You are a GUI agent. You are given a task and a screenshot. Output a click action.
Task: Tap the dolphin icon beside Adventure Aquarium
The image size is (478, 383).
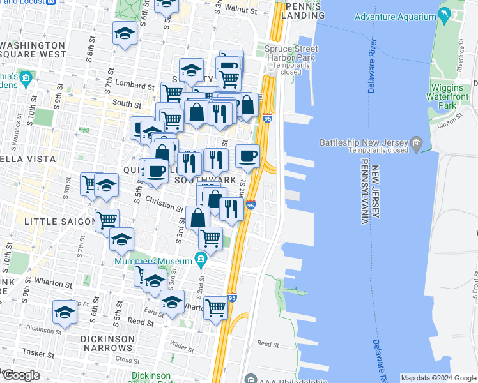(x=444, y=16)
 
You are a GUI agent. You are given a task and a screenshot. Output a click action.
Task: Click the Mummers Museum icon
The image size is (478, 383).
(x=201, y=259)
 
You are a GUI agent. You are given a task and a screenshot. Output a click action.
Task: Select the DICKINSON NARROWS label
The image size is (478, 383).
(x=107, y=343)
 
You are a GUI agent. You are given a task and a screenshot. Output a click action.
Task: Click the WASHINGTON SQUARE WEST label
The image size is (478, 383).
(x=35, y=50)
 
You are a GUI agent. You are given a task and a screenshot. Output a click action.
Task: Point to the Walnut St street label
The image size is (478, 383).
(x=238, y=10)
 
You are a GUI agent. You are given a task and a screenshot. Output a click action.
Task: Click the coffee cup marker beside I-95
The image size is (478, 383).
(x=248, y=157)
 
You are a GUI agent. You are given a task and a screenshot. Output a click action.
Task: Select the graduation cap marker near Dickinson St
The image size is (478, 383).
(x=65, y=313)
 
